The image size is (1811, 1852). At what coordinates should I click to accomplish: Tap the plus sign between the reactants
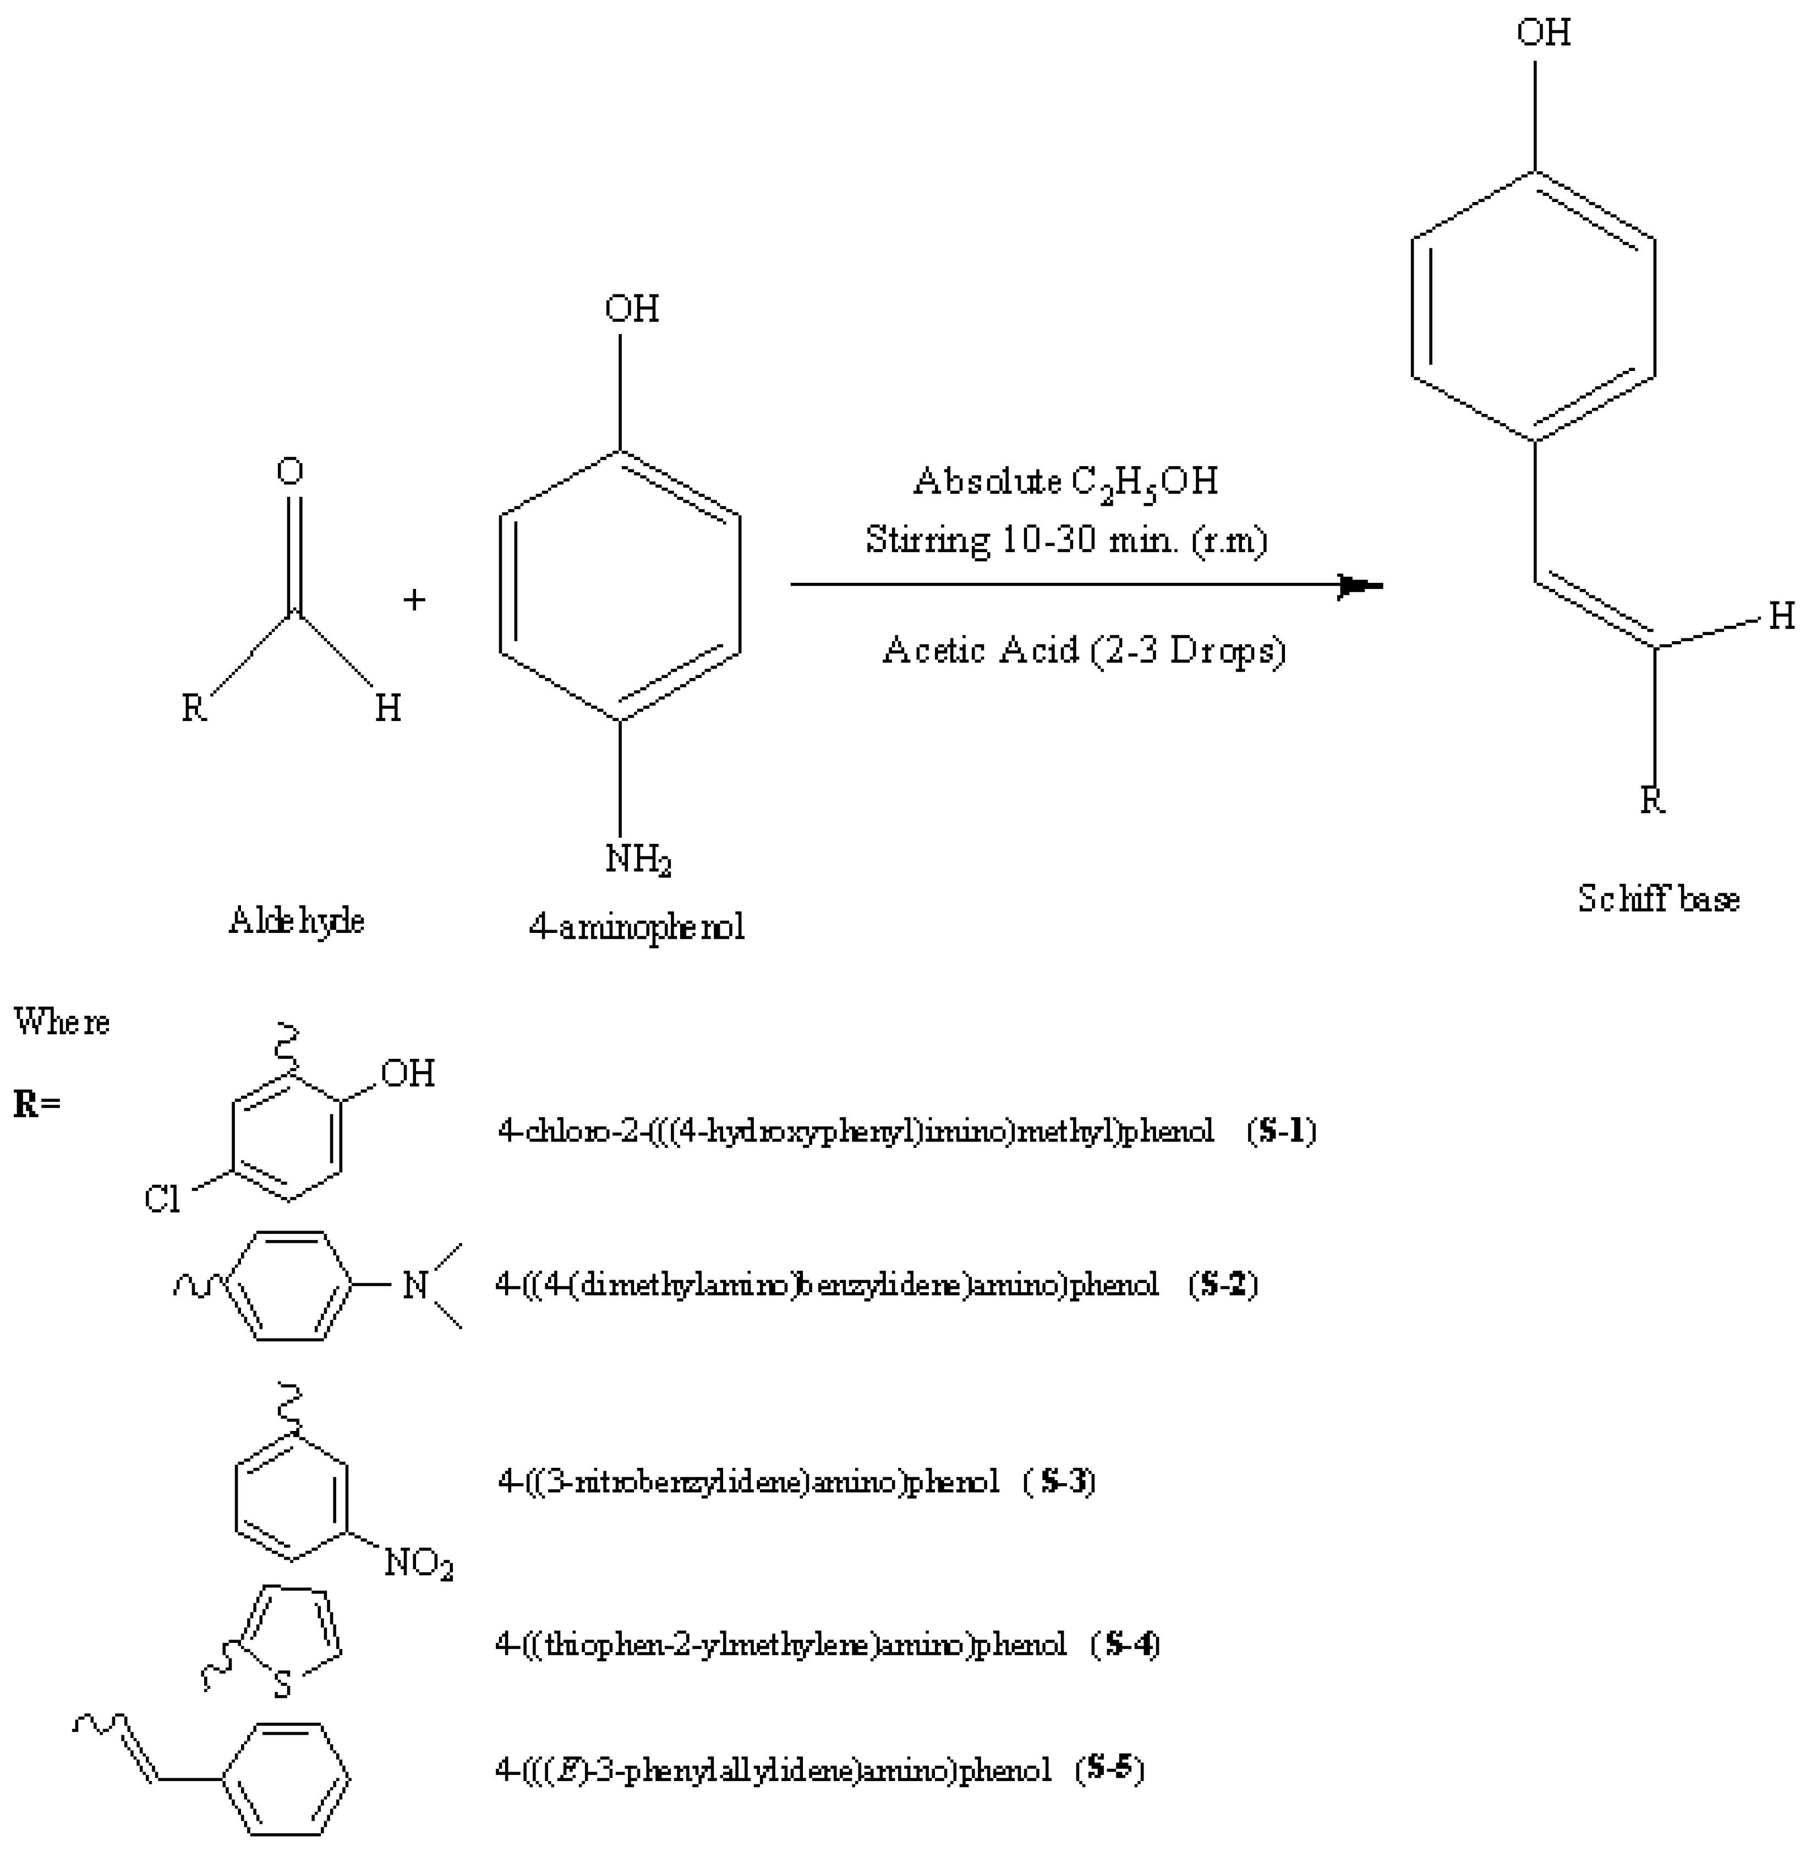tap(414, 599)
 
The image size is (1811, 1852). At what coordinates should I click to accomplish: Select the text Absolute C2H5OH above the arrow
tap(1065, 482)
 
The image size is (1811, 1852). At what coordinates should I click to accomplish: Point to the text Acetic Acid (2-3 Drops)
tap(1084, 651)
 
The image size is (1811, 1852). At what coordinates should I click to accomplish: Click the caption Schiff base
tap(1658, 899)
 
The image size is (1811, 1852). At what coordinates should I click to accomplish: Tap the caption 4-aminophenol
tap(636, 926)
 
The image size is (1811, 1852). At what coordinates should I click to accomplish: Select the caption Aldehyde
tap(296, 921)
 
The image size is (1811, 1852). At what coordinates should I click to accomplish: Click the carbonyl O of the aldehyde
tap(290, 471)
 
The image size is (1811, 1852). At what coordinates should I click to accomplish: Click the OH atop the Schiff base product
tap(1543, 33)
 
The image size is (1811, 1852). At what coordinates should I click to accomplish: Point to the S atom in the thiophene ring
tap(282, 1686)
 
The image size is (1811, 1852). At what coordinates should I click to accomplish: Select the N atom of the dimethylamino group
tap(415, 1285)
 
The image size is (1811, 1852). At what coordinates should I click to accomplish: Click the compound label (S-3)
tap(1060, 1482)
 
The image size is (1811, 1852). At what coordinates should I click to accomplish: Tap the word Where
tap(62, 1023)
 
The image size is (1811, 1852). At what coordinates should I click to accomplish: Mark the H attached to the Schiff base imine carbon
tap(1781, 618)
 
